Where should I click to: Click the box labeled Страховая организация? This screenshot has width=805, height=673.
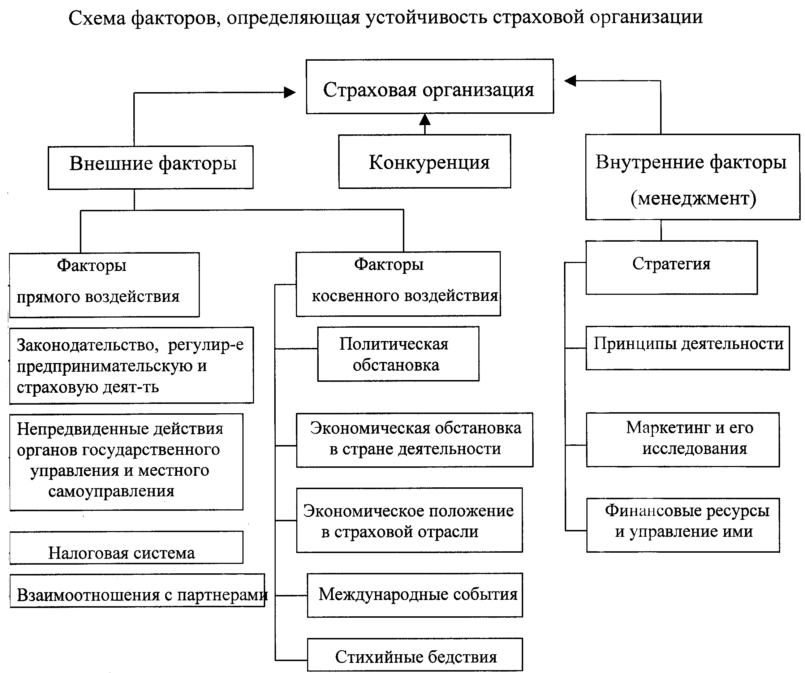tap(430, 86)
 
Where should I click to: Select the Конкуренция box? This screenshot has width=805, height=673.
tap(425, 161)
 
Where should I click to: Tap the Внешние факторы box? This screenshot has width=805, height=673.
tap(151, 168)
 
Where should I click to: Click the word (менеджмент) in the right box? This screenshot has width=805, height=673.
tap(693, 198)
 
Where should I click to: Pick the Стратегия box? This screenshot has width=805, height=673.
tap(672, 268)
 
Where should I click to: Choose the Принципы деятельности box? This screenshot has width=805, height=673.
tap(688, 348)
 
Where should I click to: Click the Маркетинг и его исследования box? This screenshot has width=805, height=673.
tap(683, 440)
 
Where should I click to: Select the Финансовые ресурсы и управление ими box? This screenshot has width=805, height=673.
tap(683, 525)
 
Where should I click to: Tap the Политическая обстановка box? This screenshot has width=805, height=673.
tap(398, 354)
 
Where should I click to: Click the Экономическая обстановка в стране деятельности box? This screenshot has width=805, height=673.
tap(415, 440)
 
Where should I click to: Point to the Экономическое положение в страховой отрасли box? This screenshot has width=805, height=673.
tap(409, 520)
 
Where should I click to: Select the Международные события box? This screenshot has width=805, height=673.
tap(415, 595)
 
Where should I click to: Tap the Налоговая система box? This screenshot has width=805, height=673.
tap(126, 547)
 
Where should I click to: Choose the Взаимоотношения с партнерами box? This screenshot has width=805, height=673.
tap(137, 590)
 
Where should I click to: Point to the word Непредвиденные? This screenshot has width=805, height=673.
tap(81, 429)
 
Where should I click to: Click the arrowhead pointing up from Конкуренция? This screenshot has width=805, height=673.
tap(425, 120)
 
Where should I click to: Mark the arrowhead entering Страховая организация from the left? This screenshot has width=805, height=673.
tap(290, 92)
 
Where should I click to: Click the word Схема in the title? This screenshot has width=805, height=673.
tap(97, 18)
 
